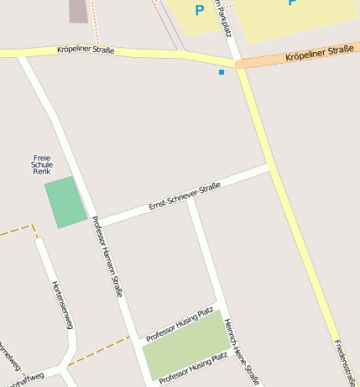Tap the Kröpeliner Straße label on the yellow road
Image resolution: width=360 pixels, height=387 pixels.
86,50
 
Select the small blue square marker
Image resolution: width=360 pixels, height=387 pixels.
222,72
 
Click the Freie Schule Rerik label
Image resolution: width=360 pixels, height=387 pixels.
42,165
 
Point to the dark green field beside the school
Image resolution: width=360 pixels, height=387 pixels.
65,201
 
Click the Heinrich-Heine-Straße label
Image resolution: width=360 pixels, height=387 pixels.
243,351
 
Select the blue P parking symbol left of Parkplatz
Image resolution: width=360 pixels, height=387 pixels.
199,10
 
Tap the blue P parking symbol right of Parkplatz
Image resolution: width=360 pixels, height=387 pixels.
292,3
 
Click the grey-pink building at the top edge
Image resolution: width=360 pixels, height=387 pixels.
78,10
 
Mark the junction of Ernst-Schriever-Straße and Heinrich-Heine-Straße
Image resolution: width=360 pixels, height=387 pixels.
192,201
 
